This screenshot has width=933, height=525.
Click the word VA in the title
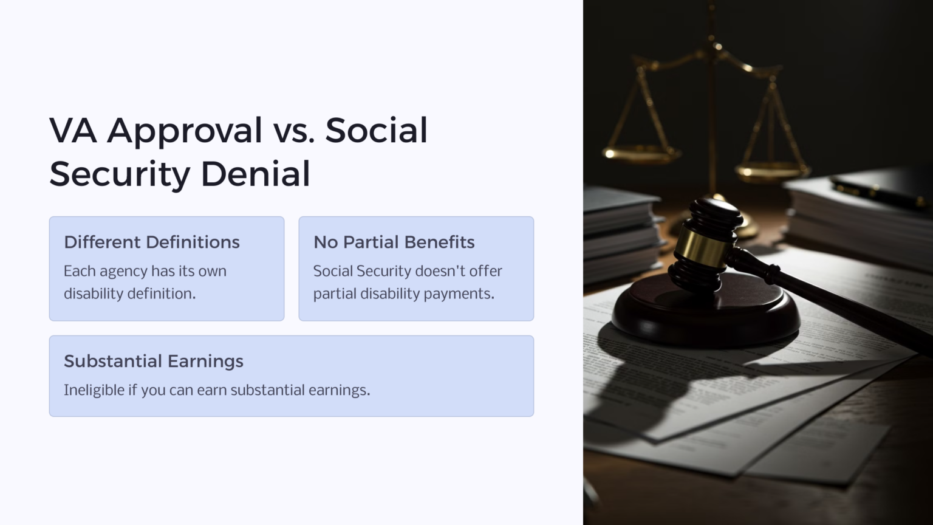click(73, 131)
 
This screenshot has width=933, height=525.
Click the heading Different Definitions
click(152, 242)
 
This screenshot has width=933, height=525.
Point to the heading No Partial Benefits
click(394, 242)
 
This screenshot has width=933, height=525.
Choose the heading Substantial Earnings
click(154, 361)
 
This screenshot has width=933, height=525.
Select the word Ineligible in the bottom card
click(94, 389)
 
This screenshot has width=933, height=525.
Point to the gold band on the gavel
click(702, 246)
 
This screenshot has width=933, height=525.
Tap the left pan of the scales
click(641, 153)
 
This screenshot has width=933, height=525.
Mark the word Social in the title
click(377, 131)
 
